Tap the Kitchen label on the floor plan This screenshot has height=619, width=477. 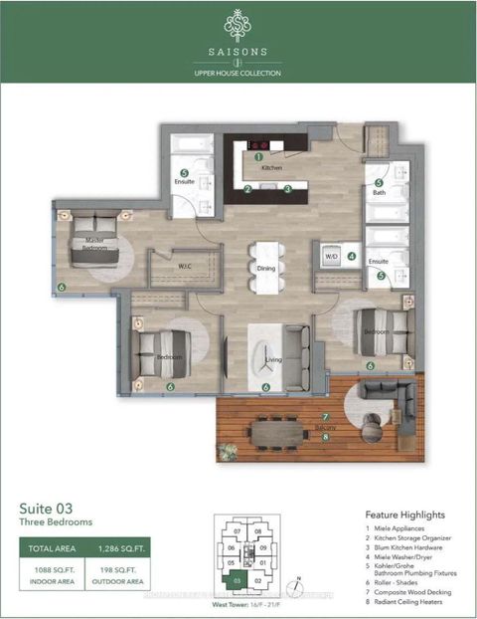[272, 168]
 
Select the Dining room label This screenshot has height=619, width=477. [265, 268]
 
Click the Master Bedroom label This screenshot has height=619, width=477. [94, 245]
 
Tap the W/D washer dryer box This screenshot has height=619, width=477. [332, 256]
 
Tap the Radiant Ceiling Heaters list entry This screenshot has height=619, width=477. [409, 604]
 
